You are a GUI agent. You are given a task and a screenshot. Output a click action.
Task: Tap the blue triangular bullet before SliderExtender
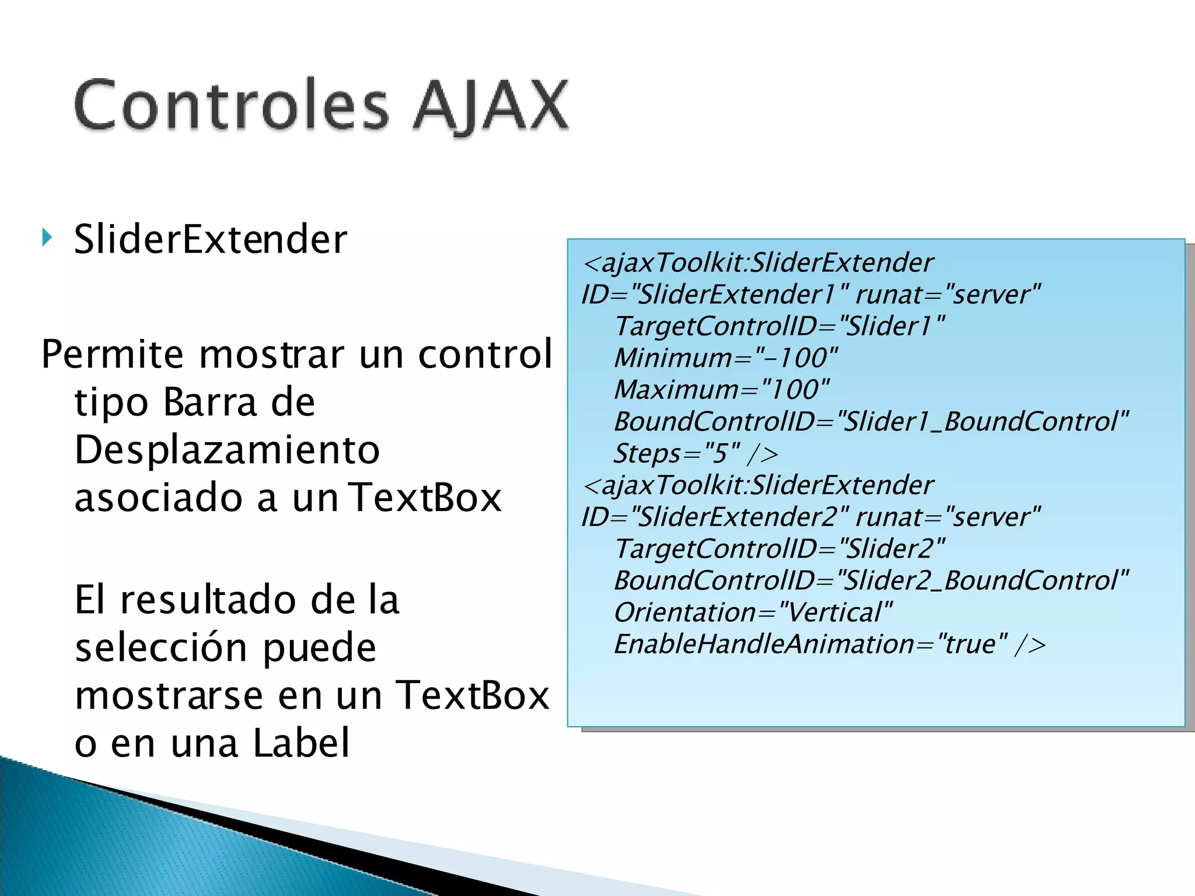pyautogui.click(x=47, y=237)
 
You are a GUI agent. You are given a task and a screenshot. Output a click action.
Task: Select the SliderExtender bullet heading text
pyautogui.click(x=210, y=239)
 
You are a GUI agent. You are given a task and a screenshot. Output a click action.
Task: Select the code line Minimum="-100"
pyautogui.click(x=726, y=358)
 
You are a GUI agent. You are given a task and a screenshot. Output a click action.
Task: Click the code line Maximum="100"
pyautogui.click(x=721, y=390)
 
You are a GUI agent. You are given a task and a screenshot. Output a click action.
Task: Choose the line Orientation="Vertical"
pyautogui.click(x=753, y=612)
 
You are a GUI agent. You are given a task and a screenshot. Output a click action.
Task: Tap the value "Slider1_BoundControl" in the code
pyautogui.click(x=983, y=421)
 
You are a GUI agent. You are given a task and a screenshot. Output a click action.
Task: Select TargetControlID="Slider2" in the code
pyautogui.click(x=780, y=548)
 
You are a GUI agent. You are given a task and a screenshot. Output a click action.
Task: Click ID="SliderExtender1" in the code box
pyautogui.click(x=715, y=294)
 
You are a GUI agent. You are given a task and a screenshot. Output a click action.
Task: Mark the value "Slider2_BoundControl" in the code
pyautogui.click(x=983, y=580)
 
